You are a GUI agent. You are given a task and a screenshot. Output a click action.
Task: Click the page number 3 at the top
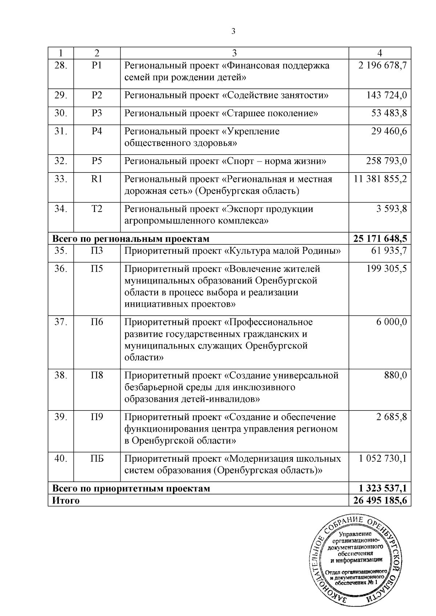233,31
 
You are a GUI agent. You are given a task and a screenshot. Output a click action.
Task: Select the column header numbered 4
380,53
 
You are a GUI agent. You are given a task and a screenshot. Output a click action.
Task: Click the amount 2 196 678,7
382,66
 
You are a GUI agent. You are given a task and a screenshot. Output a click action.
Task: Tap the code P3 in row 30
97,113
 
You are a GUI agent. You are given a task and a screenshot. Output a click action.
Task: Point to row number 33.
61,179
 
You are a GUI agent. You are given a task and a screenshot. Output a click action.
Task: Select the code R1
97,179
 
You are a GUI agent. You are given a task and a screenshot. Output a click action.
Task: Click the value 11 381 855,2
380,179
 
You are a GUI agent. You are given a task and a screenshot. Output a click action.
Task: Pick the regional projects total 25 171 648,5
380,239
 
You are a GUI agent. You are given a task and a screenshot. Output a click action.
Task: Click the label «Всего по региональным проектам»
131,239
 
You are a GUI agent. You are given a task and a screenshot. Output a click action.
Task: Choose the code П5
97,269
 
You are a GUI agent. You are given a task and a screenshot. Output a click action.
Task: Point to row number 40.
61,459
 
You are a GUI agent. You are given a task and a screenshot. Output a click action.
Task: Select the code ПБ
97,459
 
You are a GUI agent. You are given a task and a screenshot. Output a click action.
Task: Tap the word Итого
66,501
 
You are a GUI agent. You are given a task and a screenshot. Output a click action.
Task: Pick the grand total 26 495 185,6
380,501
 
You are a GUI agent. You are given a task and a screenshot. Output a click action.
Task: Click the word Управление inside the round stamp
355,534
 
